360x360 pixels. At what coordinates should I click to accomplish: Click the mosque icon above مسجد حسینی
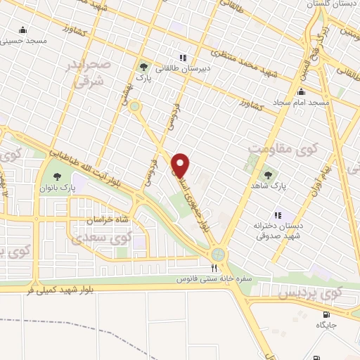23,30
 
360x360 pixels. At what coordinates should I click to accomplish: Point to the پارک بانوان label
57,190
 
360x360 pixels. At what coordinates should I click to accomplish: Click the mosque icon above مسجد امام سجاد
302,91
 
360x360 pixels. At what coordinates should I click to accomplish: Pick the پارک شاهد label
266,184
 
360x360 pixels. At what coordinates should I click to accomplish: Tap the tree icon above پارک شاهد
266,172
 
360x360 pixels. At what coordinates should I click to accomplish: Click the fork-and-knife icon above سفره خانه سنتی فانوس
214,268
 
